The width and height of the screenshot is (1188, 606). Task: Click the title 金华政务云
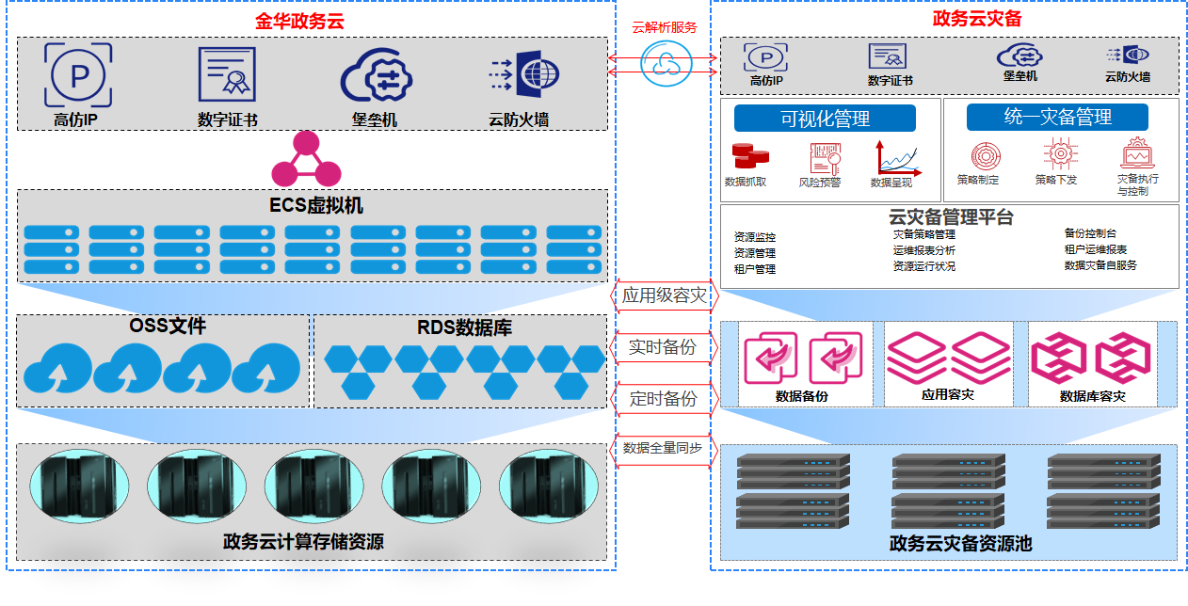pos(299,21)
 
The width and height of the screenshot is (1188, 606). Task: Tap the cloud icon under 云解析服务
pos(665,62)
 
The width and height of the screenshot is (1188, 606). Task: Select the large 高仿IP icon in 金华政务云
pos(77,75)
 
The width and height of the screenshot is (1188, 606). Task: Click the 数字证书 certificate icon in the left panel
pos(227,74)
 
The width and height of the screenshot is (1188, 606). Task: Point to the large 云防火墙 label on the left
pos(519,120)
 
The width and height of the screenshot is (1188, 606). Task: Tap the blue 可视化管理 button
pos(825,119)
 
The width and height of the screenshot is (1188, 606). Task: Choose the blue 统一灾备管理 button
pos(1057,118)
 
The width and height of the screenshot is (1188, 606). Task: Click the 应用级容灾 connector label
pos(665,295)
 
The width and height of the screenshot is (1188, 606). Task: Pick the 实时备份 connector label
pos(665,347)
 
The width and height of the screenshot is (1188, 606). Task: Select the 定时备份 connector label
pos(665,399)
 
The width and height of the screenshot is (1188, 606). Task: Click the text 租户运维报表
pos(1096,249)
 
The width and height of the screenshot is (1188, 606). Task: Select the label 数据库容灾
pos(1092,396)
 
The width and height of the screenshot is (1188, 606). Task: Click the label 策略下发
pos(1055,180)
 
